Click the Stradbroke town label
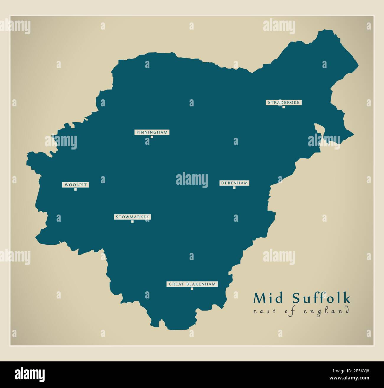(x=284, y=103)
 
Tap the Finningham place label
(x=152, y=132)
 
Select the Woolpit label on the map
(x=76, y=185)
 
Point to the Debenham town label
(x=234, y=183)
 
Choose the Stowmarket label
(x=132, y=217)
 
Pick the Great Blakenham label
(x=192, y=284)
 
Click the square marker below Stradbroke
(x=284, y=107)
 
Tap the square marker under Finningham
(x=152, y=137)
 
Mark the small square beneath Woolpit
(x=76, y=189)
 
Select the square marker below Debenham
(x=234, y=187)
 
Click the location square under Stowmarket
(x=132, y=221)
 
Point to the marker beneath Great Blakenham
(x=192, y=289)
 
